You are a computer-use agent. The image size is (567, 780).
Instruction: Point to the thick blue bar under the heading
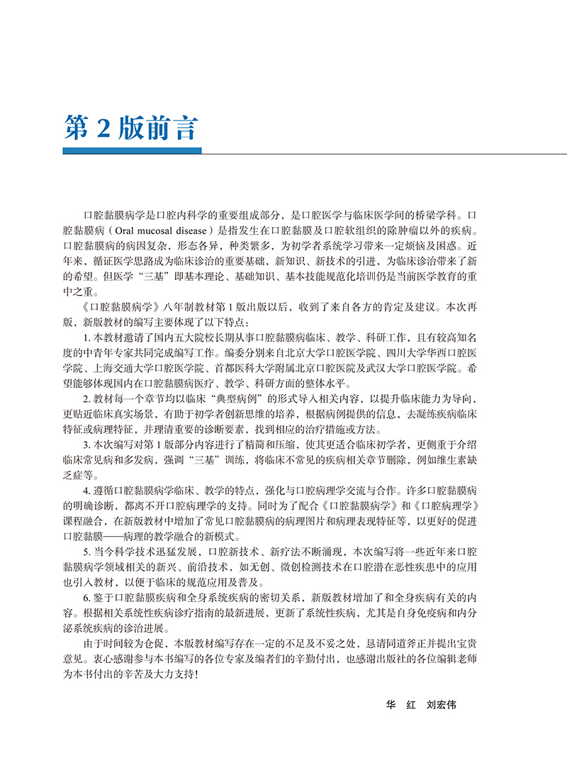click(x=132, y=150)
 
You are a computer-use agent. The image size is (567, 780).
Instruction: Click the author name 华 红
click(x=400, y=706)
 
